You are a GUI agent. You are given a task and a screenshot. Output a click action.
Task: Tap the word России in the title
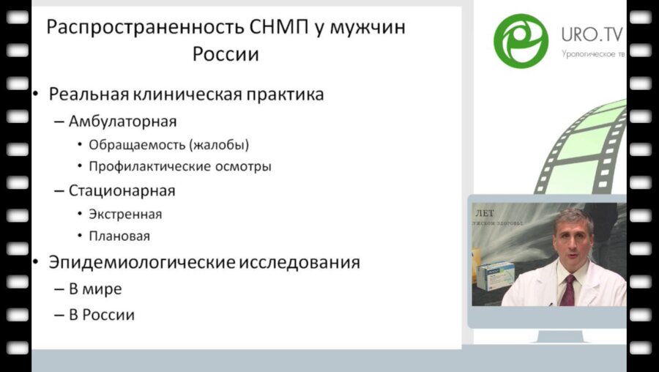point(226,55)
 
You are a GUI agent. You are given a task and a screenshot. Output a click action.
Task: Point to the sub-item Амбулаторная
point(122,120)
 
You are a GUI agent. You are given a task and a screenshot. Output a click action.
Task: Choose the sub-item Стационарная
point(122,191)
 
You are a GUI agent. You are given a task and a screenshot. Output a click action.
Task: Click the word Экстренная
point(124,215)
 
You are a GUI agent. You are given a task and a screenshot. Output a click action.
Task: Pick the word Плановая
point(119,237)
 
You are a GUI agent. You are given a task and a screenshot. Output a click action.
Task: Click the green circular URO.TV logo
point(521,40)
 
